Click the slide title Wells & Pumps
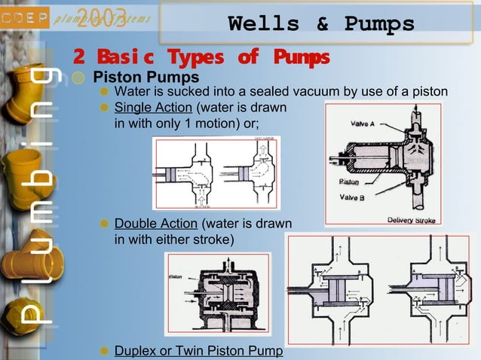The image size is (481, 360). click(321, 24)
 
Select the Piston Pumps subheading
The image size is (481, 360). click(146, 77)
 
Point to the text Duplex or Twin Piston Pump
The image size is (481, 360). click(198, 351)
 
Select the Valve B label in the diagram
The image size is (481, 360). click(351, 197)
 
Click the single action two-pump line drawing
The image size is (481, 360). click(216, 174)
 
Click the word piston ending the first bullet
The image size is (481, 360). click(430, 92)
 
